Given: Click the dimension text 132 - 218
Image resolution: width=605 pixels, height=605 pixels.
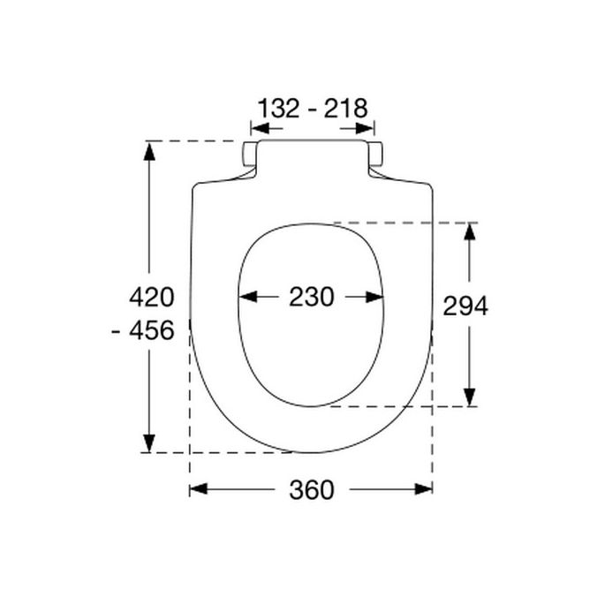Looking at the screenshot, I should tap(312, 109).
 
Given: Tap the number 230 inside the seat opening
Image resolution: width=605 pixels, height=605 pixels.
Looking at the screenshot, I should tap(312, 298).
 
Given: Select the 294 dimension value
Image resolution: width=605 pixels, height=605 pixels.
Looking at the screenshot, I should tap(465, 306).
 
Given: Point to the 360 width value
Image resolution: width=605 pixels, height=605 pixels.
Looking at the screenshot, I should tap(312, 489).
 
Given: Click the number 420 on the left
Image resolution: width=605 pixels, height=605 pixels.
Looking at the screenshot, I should tap(151, 296).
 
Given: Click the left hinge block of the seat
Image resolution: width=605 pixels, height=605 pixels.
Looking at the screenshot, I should tap(251, 154).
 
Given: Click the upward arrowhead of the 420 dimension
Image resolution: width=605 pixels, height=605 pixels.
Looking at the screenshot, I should tap(149, 151).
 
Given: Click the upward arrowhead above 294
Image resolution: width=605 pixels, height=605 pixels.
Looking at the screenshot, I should tap(471, 232).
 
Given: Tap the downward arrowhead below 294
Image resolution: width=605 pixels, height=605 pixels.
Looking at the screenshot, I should tap(471, 397).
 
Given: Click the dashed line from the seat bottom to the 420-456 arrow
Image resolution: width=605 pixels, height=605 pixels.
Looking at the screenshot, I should tap(221, 452).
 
